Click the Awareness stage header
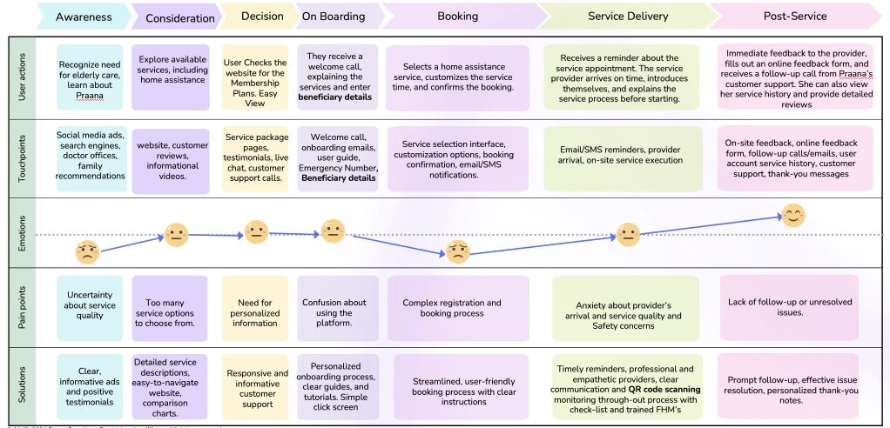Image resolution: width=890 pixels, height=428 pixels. [83, 17]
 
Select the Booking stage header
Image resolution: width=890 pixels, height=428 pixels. [457, 17]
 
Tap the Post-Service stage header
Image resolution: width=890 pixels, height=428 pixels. [794, 17]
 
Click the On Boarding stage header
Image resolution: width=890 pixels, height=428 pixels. [334, 17]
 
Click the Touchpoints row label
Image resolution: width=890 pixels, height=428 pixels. [22, 159]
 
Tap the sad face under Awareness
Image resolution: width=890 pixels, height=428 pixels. [87, 252]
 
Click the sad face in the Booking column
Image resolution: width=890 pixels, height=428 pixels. [458, 251]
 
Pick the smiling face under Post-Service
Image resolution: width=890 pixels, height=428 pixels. [792, 215]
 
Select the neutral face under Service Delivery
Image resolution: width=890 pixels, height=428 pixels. [628, 233]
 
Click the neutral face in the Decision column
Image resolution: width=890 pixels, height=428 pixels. [255, 232]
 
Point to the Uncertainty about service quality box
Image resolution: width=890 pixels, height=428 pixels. [90, 305]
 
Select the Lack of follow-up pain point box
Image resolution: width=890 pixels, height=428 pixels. [789, 306]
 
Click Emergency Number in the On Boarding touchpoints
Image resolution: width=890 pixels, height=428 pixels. [337, 168]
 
